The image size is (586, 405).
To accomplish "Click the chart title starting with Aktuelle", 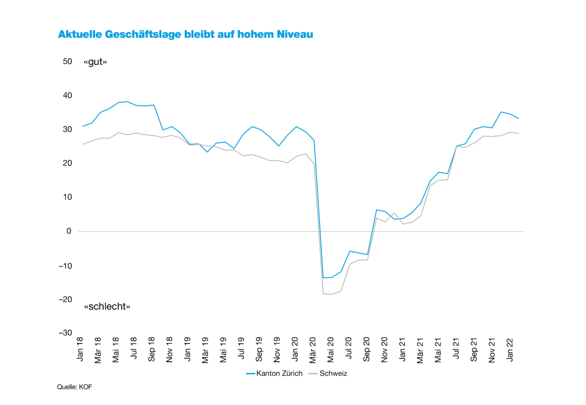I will pos(185,35).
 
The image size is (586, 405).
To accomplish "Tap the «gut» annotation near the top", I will pos(95,62).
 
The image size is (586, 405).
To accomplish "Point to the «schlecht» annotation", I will pos(107,306).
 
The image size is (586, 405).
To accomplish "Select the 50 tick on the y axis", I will pos(67,62).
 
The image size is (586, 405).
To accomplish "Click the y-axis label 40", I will pos(67,96).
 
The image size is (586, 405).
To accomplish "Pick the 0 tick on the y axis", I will pos(69,232).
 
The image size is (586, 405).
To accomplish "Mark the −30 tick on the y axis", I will pos(65,333).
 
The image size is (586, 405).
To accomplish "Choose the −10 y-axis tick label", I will pos(65,266).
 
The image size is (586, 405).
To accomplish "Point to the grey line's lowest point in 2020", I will pos(332,294).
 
